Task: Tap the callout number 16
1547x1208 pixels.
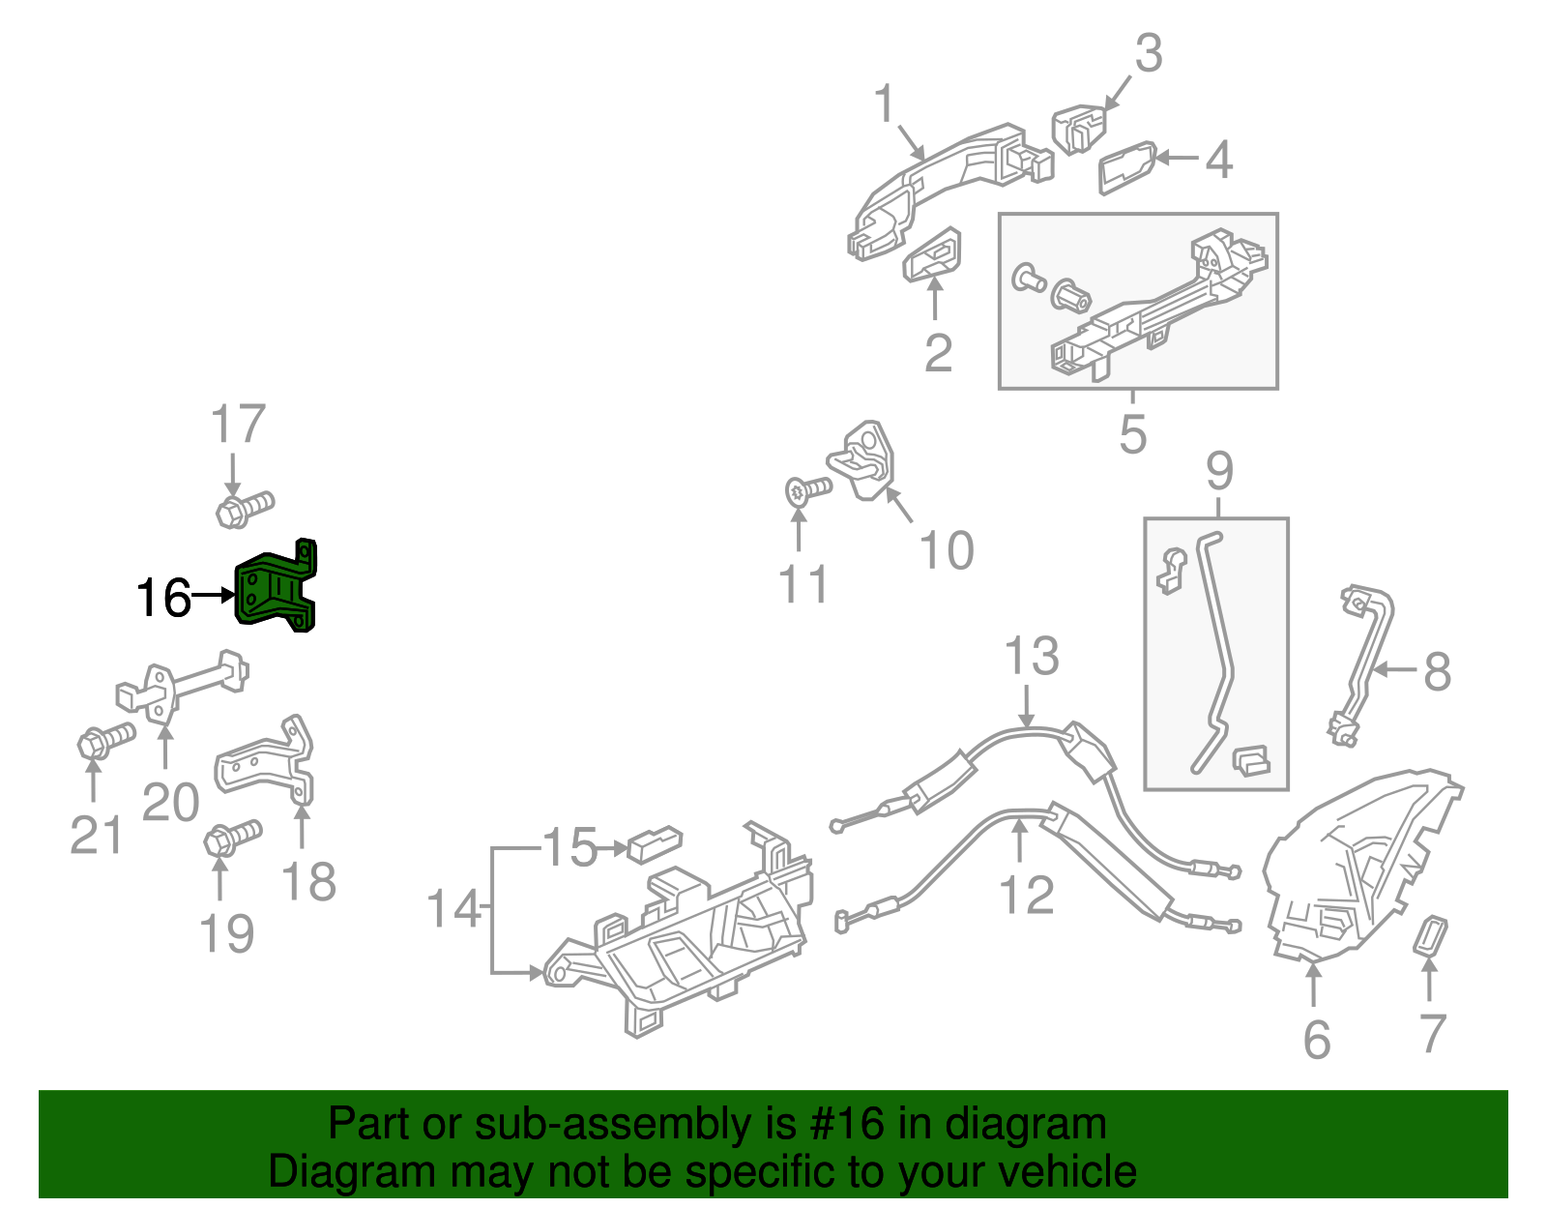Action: (163, 598)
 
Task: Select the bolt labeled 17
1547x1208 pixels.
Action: (244, 509)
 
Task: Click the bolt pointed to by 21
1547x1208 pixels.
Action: (105, 742)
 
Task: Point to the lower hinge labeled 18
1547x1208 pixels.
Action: (266, 764)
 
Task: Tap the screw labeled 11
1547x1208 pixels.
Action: (808, 490)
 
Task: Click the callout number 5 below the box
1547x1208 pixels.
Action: (1132, 434)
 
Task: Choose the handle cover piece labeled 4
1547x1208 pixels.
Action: (1126, 168)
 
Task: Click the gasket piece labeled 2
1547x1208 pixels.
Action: (933, 253)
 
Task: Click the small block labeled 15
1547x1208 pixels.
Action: (655, 843)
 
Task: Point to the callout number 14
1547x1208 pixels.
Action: (452, 909)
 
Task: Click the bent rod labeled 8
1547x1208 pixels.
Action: (1365, 667)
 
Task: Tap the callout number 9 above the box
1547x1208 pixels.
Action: (1219, 471)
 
